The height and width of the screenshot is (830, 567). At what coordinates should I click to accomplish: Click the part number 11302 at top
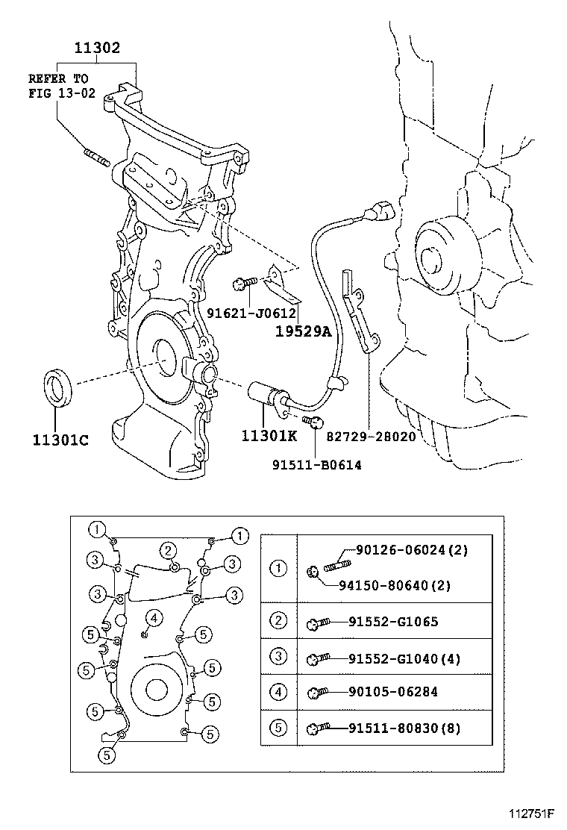[97, 49]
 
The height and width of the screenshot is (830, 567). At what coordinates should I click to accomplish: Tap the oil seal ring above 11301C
[57, 387]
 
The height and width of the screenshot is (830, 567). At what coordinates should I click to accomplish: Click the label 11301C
[60, 440]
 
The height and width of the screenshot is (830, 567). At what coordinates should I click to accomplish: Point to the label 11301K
[269, 435]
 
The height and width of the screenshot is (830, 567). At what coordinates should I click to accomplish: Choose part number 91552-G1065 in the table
[392, 622]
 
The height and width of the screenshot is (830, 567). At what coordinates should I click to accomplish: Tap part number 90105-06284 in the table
[392, 692]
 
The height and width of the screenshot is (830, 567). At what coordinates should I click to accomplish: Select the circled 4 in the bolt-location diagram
[153, 618]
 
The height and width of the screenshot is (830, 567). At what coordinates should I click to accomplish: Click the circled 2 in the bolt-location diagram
[169, 551]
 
